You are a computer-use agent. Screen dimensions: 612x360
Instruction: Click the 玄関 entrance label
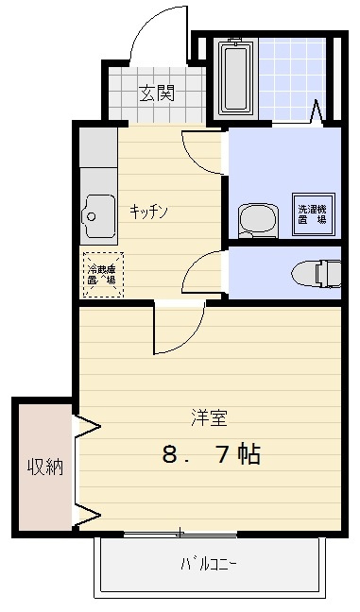(157, 93)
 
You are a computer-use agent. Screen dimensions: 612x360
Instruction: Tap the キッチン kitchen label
(148, 211)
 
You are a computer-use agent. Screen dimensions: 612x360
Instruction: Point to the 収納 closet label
(44, 467)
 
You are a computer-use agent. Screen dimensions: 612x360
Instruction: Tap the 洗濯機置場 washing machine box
(313, 212)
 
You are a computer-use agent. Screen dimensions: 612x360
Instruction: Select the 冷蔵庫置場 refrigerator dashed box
(102, 274)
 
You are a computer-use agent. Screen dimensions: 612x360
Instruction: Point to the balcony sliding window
(180, 535)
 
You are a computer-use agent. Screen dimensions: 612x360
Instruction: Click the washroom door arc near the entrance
(202, 151)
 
